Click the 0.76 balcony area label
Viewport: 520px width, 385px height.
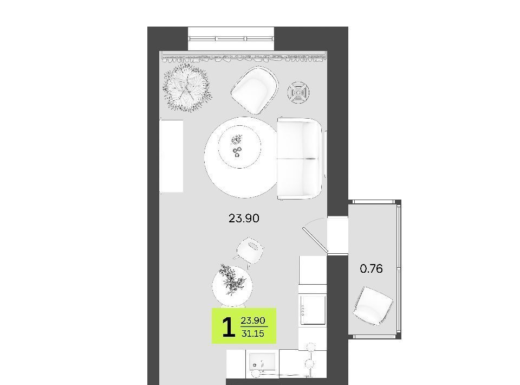[371, 268]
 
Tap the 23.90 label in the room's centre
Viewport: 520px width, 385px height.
[244, 219]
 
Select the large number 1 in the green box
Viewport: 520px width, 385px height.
[229, 328]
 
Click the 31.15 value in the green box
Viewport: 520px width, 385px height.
[253, 333]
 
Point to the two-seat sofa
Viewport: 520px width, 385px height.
[300, 158]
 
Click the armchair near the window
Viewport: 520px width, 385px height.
[255, 89]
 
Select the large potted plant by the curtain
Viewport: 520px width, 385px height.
[187, 88]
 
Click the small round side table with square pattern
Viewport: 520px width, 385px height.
[298, 92]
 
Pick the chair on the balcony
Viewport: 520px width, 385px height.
[373, 306]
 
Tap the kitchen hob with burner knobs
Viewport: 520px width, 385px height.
[313, 310]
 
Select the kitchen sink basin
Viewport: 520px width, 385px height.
[262, 362]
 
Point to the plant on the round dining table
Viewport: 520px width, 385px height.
[233, 280]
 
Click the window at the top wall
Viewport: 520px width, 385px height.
[231, 39]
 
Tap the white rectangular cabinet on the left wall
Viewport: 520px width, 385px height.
[172, 156]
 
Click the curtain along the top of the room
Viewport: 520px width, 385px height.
[243, 57]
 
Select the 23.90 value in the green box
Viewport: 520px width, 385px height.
[253, 320]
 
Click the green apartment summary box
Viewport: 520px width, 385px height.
[244, 325]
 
